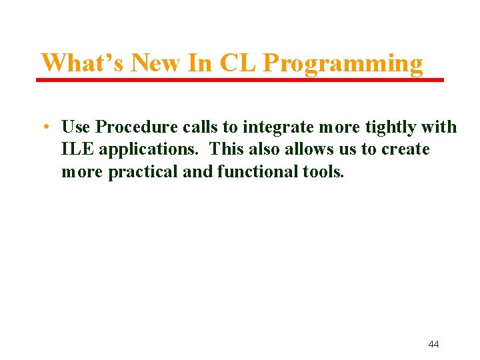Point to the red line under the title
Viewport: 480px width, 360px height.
click(240, 80)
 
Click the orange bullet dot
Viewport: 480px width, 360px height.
click(43, 127)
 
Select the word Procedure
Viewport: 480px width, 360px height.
click(137, 127)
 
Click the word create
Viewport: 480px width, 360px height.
click(405, 149)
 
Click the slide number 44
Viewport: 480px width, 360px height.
click(433, 344)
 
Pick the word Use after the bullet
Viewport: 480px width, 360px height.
click(77, 127)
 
